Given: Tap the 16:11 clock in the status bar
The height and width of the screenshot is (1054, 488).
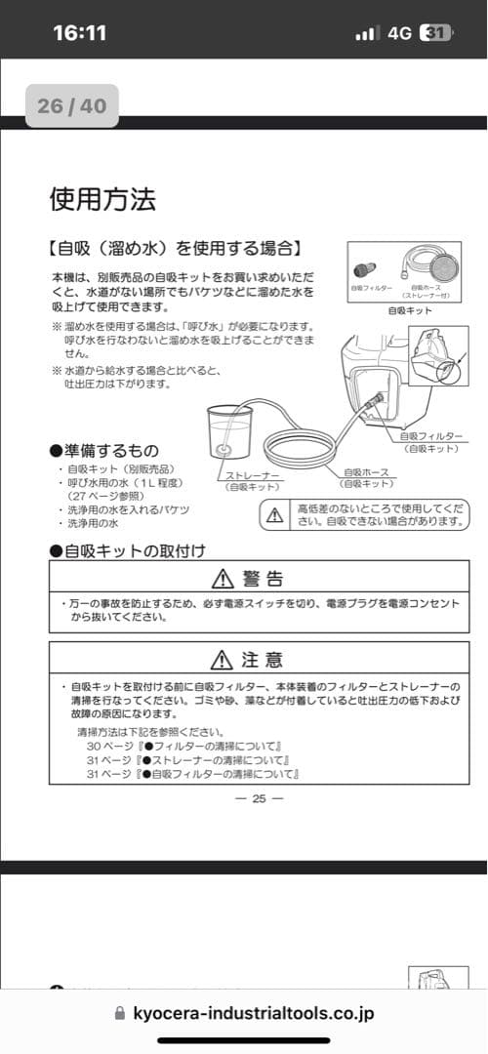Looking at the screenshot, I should click(79, 32).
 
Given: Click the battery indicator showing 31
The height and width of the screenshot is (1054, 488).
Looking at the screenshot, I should click(436, 32).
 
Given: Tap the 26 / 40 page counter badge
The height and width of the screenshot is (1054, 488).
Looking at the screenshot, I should click(71, 105).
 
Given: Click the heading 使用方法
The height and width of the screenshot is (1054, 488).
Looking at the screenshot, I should click(102, 200).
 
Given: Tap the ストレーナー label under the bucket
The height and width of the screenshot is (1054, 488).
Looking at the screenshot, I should click(253, 477).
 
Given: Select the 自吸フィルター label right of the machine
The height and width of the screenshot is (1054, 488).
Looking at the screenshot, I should click(430, 436).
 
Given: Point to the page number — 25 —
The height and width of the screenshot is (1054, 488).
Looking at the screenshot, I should click(259, 798).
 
